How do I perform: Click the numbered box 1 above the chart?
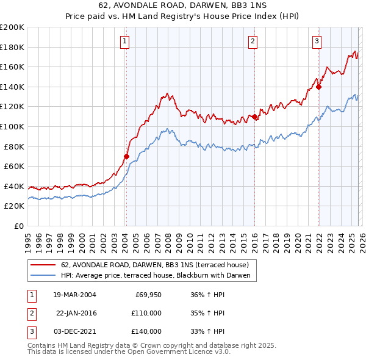(x=125, y=41)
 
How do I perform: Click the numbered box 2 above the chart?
(x=253, y=41)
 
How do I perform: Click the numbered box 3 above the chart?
(x=317, y=41)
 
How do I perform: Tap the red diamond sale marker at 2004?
(x=126, y=156)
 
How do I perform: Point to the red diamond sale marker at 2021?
(x=318, y=87)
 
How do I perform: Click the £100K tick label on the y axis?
(x=12, y=126)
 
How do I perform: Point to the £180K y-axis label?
(x=12, y=47)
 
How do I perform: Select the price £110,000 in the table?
(x=146, y=313)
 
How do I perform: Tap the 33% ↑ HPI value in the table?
(x=208, y=331)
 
